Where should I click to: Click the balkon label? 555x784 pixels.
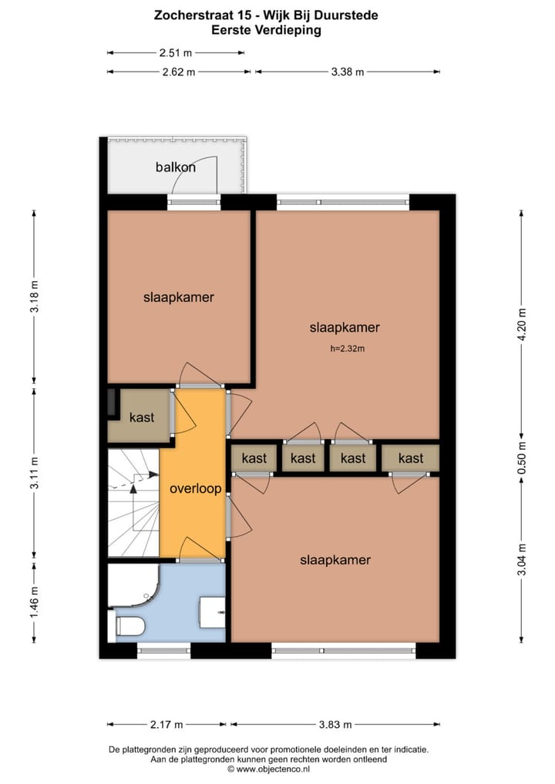176,166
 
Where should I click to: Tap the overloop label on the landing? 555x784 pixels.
196,488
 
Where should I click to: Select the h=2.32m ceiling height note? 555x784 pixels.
347,349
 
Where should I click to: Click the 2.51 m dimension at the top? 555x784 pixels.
176,53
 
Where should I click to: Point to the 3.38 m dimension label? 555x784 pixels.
347,72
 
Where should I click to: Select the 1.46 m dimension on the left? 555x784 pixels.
33,602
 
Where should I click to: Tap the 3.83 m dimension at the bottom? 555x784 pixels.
335,725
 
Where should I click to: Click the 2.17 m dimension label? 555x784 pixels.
166,725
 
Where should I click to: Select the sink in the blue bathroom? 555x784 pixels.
211,611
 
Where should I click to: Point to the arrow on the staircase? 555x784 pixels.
135,486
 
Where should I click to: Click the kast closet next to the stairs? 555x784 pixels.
142,417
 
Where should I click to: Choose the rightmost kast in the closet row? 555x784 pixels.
411,458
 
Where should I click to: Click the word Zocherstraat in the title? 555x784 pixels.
191,15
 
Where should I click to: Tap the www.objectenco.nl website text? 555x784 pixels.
274,769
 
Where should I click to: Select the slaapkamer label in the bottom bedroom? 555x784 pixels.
335,560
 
